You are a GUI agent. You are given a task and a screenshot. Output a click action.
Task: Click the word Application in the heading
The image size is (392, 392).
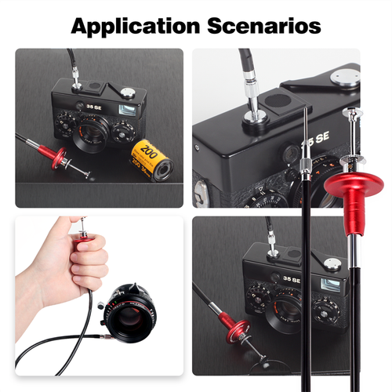pyautogui.click(x=136, y=27)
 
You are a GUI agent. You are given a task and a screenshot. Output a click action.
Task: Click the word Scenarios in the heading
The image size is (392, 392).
pyautogui.click(x=264, y=26)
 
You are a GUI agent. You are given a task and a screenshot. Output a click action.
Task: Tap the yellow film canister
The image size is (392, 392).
pyautogui.click(x=152, y=160)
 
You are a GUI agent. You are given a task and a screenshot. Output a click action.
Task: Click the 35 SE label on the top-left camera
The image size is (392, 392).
pyautogui.click(x=94, y=107)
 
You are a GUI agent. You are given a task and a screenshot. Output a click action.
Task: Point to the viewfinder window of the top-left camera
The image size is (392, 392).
pyautogui.click(x=127, y=110)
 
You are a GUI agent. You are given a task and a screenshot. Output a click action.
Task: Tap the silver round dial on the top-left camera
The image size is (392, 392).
pyautogui.click(x=127, y=93)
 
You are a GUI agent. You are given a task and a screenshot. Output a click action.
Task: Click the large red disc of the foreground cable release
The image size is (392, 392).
pyautogui.click(x=354, y=183)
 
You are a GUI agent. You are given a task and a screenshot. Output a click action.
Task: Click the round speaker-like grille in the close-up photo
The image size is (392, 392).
pyautogui.click(x=278, y=100)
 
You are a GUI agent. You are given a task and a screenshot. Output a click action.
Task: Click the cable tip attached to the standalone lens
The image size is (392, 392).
pyautogui.click(x=107, y=337)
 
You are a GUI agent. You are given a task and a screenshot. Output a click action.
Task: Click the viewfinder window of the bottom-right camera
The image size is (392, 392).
pyautogui.click(x=330, y=285)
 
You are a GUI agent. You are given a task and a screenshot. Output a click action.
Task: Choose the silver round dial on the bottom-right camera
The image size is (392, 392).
pyautogui.click(x=332, y=264)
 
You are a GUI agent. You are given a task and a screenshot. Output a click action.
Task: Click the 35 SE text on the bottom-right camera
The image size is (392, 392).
pyautogui.click(x=292, y=279)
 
